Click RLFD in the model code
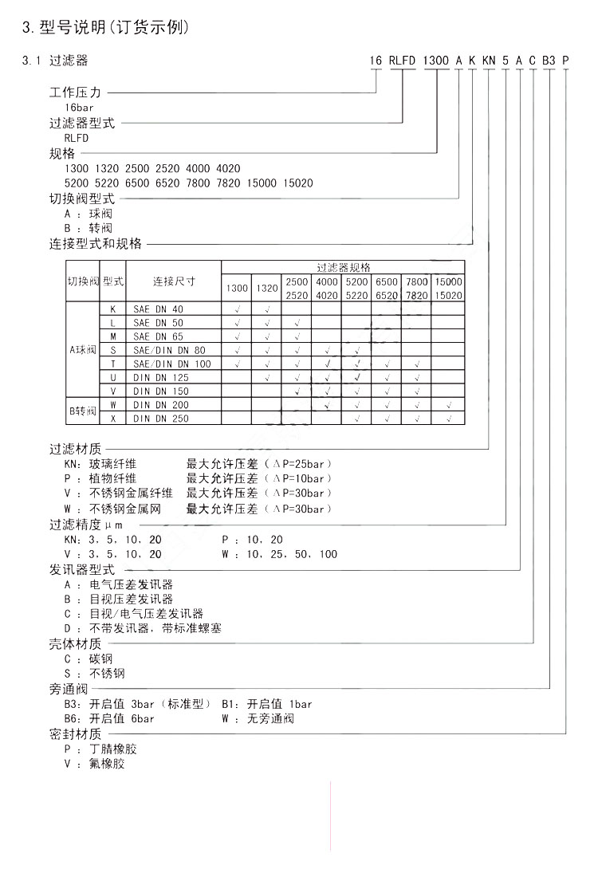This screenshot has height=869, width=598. pyautogui.click(x=403, y=61)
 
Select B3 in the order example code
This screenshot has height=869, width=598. pyautogui.click(x=549, y=61)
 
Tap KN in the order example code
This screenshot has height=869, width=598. pyautogui.click(x=489, y=61)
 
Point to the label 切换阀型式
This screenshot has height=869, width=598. pyautogui.click(x=82, y=199)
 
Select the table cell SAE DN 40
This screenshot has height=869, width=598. pyautogui.click(x=159, y=309)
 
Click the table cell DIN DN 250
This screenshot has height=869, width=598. pyautogui.click(x=161, y=418)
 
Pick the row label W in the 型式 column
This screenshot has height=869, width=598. pyautogui.click(x=113, y=405)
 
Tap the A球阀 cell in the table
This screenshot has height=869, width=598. pyautogui.click(x=83, y=350)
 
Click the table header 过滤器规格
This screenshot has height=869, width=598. pyautogui.click(x=343, y=268)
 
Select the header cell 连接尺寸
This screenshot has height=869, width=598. pyautogui.click(x=174, y=281)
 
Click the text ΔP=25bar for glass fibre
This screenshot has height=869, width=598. pyautogui.click(x=299, y=464)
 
